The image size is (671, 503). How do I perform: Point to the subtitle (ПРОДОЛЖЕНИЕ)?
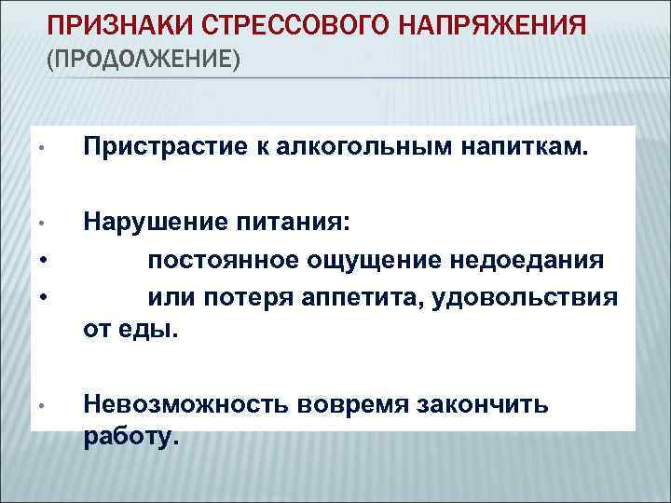(x=143, y=61)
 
